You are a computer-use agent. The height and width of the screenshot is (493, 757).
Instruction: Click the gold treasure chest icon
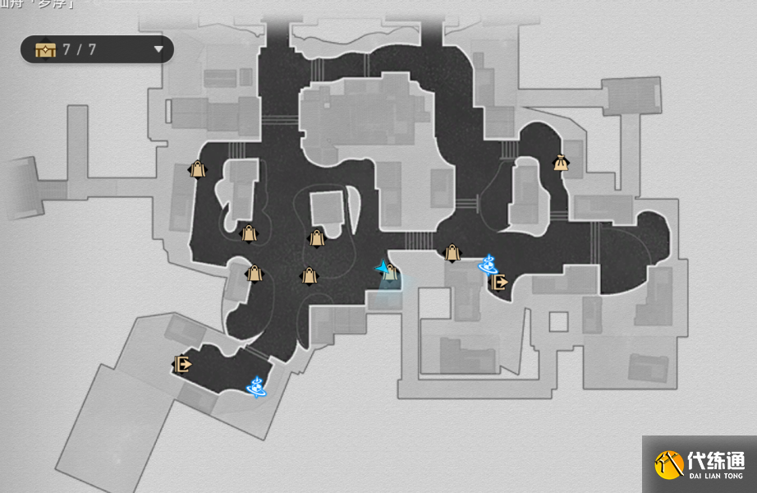pos(44,49)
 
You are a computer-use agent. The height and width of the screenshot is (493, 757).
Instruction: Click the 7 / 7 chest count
pos(80,49)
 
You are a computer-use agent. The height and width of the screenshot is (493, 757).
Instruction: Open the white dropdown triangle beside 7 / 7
pos(158,49)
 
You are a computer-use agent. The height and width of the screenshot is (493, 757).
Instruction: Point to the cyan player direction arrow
pos(383,268)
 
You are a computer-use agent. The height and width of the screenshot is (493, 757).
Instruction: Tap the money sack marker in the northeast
pos(561,163)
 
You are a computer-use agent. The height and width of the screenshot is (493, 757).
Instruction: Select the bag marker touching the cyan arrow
pos(392,273)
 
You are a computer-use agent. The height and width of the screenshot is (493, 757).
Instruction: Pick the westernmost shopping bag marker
pos(197,169)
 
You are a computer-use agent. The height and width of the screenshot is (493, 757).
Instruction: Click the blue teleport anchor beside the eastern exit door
pos(489,264)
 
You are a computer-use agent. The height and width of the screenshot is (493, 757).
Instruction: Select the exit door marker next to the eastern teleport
pos(498,283)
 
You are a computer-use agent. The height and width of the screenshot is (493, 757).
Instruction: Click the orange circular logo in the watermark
pos(669,464)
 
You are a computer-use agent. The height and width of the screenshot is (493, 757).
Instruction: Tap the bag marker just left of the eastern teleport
pos(452,253)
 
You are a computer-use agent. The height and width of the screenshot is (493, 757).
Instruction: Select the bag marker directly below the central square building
pos(316,238)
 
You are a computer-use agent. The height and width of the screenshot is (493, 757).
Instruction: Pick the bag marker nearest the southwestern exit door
pos(254,274)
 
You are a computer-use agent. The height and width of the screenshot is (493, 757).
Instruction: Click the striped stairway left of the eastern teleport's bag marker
pos(419,240)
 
